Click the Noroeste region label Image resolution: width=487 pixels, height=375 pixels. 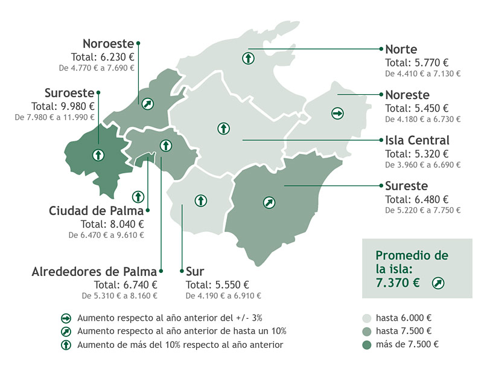pos(108,43)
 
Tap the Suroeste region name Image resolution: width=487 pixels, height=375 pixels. pos(69,93)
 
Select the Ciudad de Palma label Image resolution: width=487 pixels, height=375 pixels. pos(96,211)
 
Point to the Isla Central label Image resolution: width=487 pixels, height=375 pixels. pos(417,141)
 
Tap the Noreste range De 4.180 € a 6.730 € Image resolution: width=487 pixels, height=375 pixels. pos(422,119)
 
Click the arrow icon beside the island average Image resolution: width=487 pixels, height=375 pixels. pos(439,283)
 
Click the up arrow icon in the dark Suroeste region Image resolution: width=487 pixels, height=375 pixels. pos(97,155)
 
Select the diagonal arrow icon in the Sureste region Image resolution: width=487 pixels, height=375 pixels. pos(268,202)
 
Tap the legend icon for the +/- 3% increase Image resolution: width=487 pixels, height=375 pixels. pos(66,318)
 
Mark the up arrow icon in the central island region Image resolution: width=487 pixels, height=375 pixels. pos(223,129)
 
